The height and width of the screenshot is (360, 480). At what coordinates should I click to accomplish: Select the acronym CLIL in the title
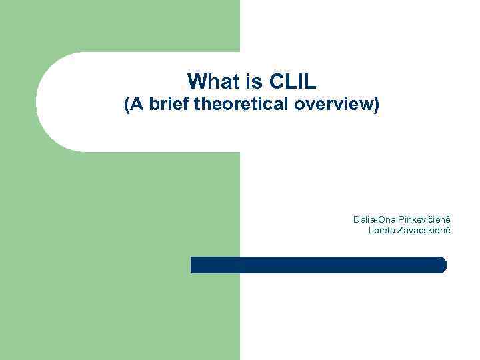point(293,81)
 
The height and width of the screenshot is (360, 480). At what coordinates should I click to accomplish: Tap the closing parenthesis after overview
point(377,105)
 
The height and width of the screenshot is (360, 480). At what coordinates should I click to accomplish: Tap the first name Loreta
point(382,230)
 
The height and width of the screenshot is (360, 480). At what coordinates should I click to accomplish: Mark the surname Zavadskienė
point(425,230)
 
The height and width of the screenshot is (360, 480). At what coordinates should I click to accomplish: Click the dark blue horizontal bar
point(318,265)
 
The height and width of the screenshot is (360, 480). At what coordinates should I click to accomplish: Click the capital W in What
point(195,81)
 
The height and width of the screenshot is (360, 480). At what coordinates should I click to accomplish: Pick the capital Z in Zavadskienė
point(401,230)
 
